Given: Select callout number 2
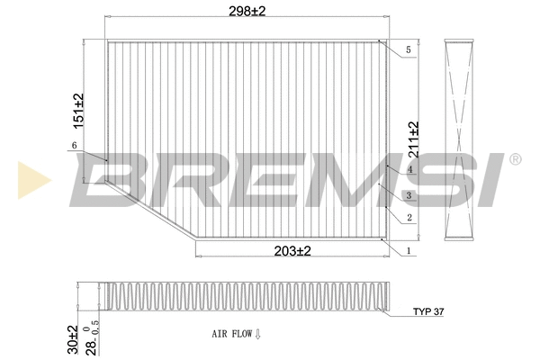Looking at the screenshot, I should tap(409, 217).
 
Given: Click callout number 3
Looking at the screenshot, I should tap(409, 195).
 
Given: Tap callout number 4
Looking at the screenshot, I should tap(409, 169).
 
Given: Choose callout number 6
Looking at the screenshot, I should tap(72, 146).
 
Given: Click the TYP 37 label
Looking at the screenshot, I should tap(428, 311).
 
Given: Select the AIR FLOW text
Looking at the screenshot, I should tap(231, 334).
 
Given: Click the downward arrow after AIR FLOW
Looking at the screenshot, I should tap(257, 334).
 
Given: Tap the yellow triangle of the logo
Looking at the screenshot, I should tap(30, 180).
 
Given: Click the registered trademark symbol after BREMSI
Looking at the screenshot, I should tap(515, 160).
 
